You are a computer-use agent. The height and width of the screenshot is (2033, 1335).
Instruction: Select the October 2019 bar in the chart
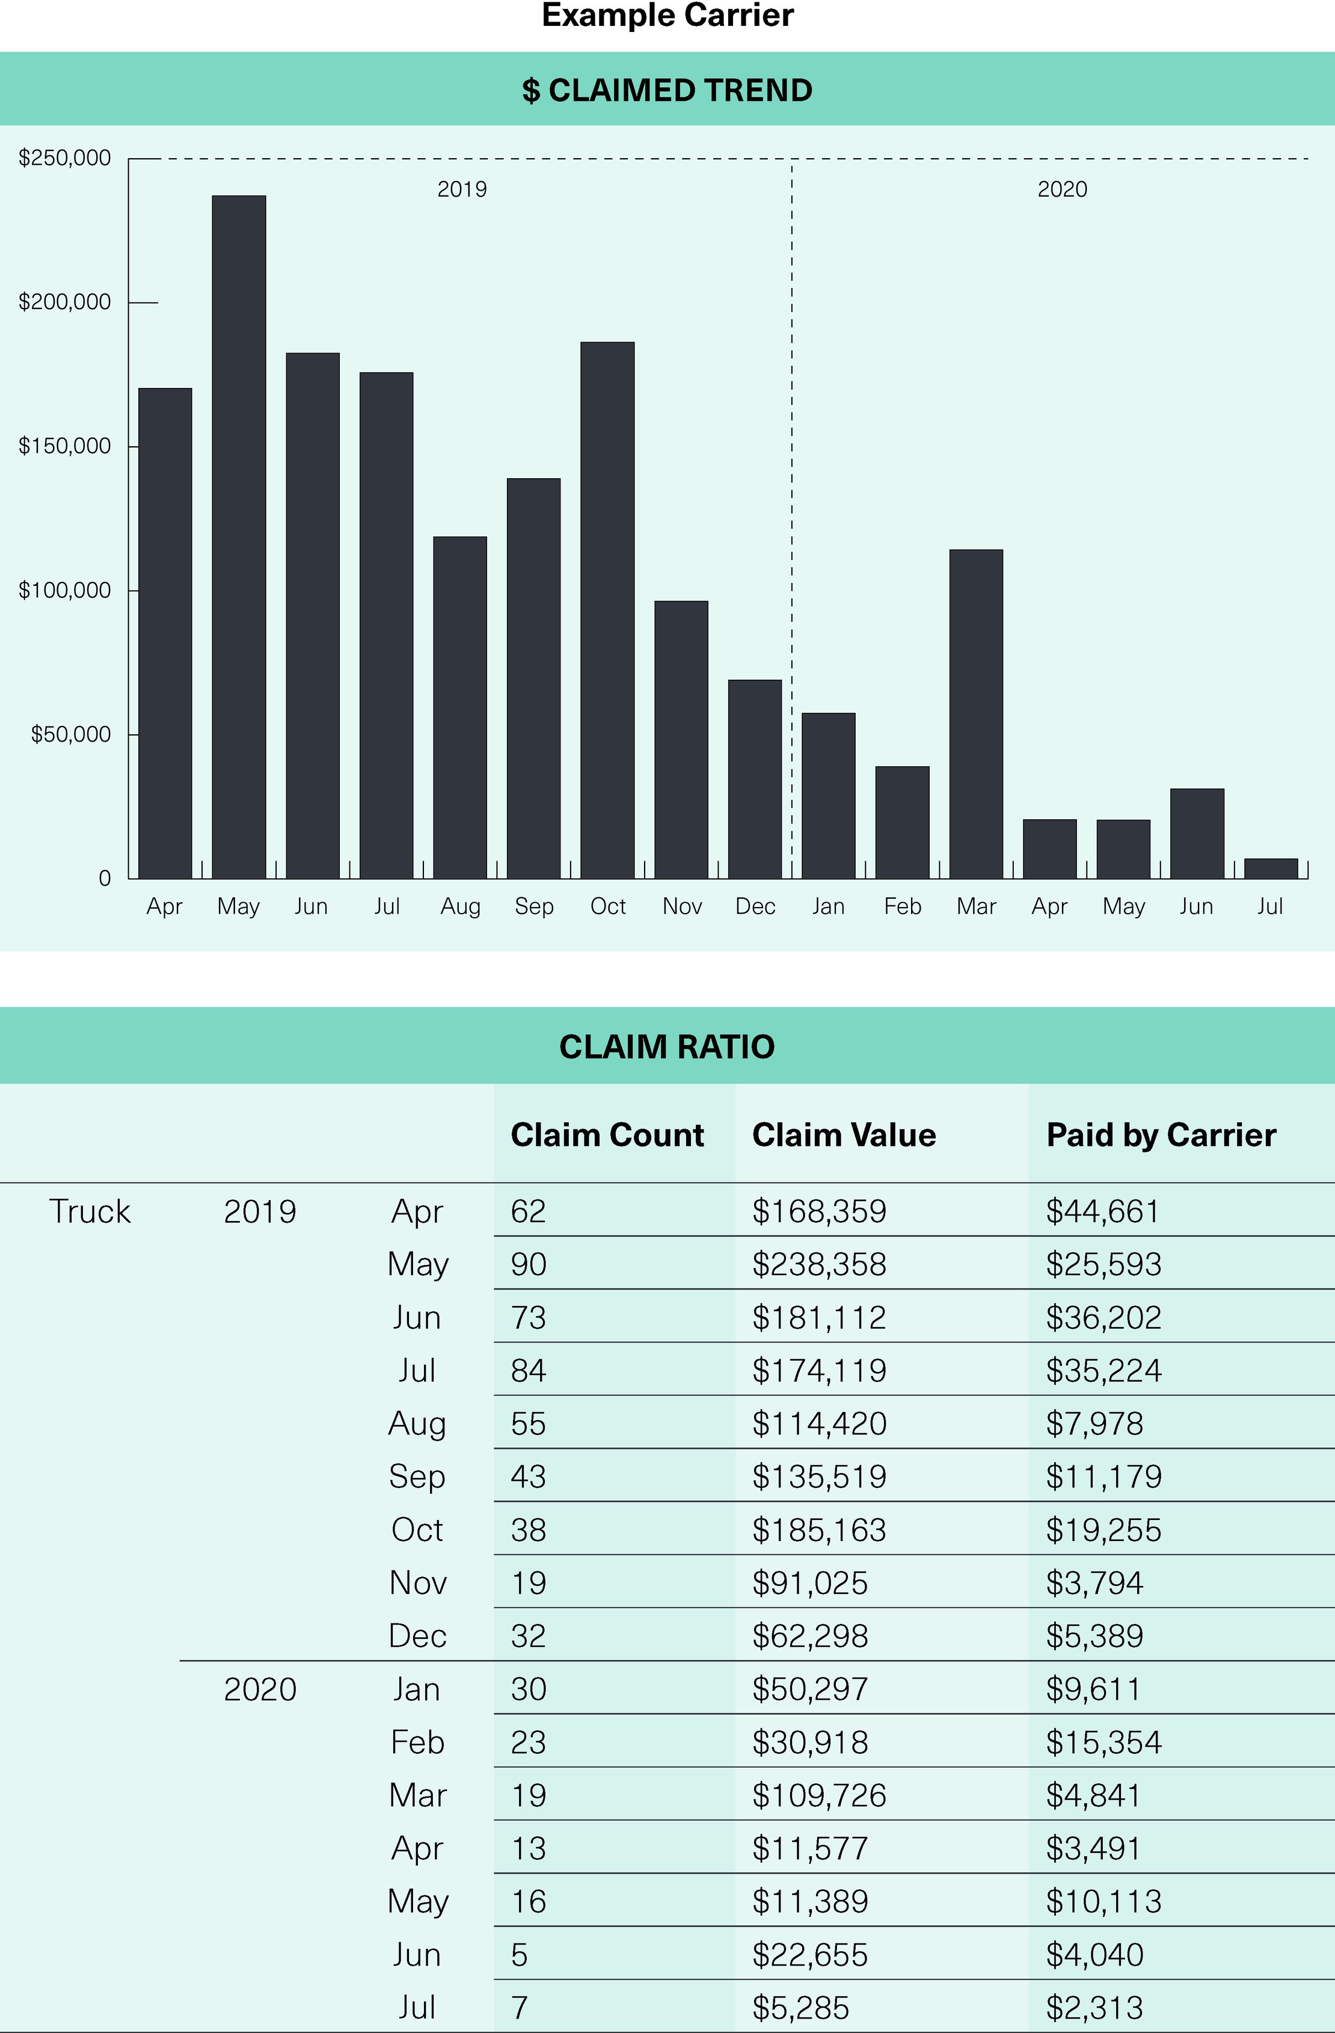click(607, 610)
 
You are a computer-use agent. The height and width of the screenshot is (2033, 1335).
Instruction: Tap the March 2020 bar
click(976, 714)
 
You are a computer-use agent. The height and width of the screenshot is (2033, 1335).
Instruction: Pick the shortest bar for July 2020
click(1270, 868)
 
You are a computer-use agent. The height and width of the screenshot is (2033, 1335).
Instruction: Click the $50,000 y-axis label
click(71, 734)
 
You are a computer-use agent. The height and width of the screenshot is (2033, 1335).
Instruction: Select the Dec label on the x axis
click(755, 906)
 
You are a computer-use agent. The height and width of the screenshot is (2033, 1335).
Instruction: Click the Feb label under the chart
click(903, 906)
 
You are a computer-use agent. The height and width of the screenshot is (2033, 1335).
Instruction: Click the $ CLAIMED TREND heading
click(667, 91)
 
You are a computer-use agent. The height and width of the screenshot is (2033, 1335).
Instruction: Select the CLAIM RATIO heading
click(667, 1047)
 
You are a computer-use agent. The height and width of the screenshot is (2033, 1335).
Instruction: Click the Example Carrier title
click(667, 16)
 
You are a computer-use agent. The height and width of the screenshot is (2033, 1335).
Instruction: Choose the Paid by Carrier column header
click(1161, 1135)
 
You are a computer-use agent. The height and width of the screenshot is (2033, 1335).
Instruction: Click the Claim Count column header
click(607, 1135)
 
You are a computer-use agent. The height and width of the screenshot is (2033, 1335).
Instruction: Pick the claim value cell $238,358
click(819, 1264)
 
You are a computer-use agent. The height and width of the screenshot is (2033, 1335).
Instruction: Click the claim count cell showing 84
click(529, 1370)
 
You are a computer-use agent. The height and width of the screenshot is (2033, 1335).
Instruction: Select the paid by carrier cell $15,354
click(1103, 1742)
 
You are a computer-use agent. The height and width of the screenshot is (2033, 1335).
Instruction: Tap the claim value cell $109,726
click(819, 1795)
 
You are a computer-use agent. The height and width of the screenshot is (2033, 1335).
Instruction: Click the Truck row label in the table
click(90, 1211)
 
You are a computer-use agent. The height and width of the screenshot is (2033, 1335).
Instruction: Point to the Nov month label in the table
click(418, 1583)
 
